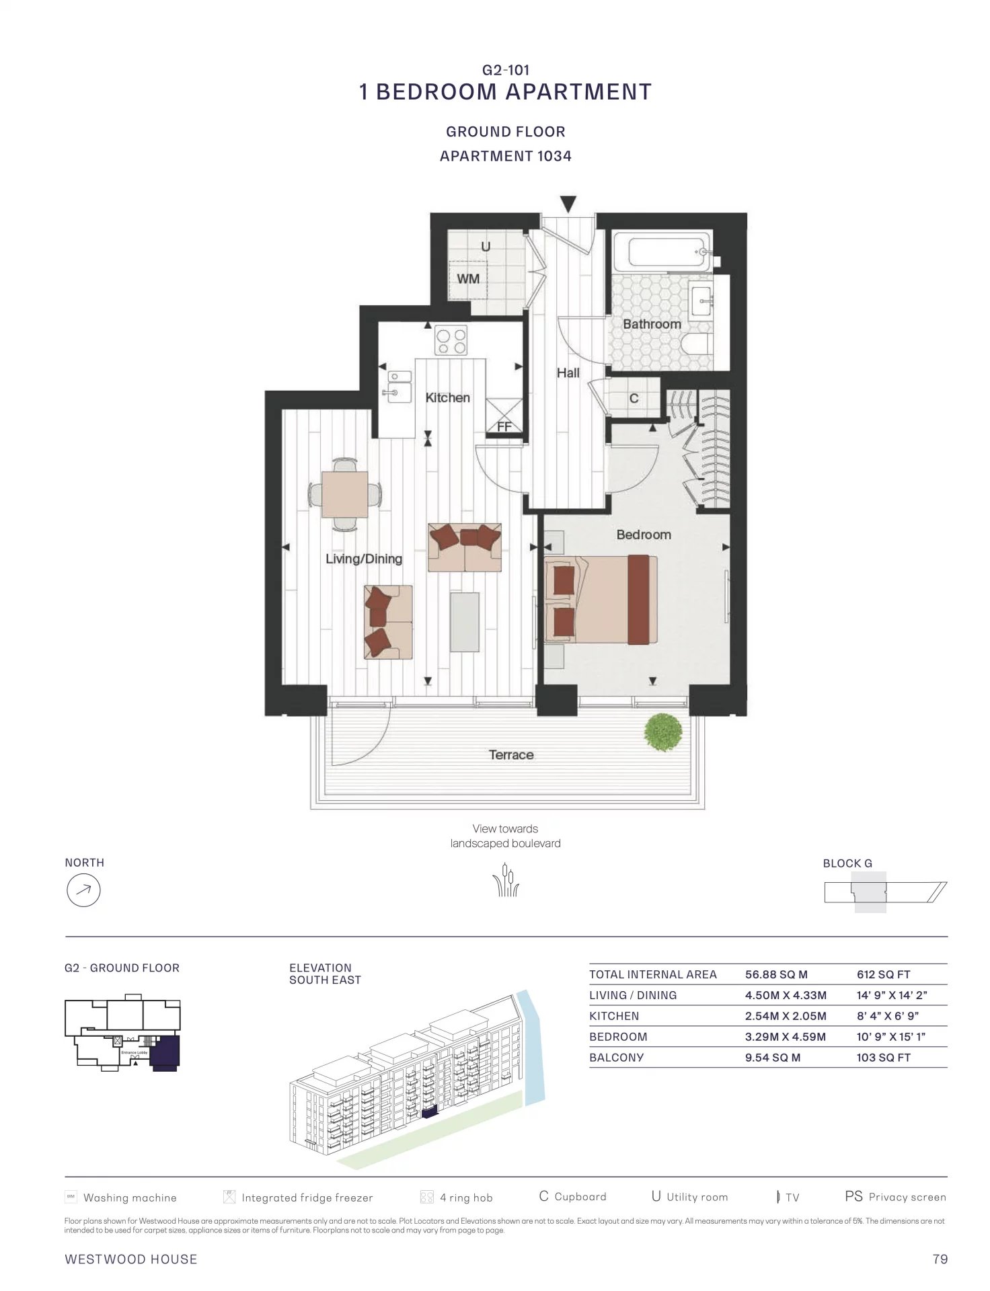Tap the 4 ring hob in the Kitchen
(x=451, y=340)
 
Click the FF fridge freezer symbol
(x=504, y=416)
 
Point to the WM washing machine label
(x=468, y=278)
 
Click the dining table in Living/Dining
(x=344, y=494)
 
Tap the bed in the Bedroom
(x=601, y=598)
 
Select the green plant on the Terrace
(x=663, y=732)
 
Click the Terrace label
(x=511, y=755)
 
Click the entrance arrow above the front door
(x=568, y=204)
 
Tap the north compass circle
(x=83, y=890)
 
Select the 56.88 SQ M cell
(x=776, y=974)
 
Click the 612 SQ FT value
(x=883, y=974)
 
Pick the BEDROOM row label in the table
(x=618, y=1037)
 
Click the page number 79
(x=940, y=1259)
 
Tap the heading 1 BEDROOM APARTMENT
(x=506, y=91)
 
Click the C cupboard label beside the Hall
(x=634, y=398)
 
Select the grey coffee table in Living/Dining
(x=465, y=622)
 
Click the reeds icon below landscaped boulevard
(x=506, y=880)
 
